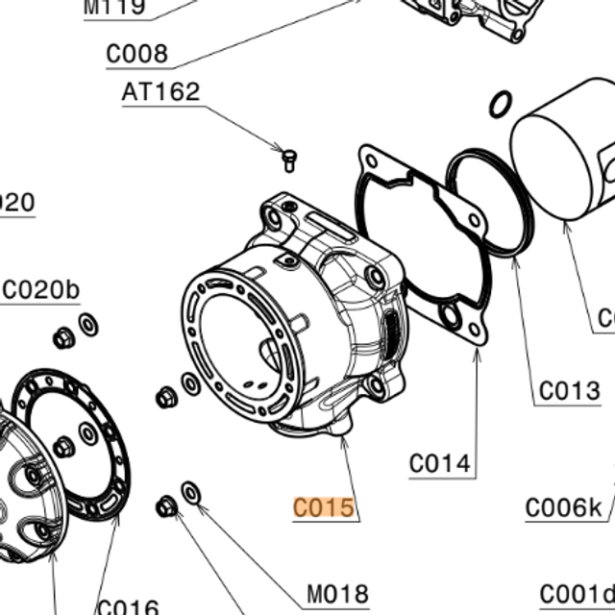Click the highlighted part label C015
pyautogui.click(x=324, y=506)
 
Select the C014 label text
pyautogui.click(x=441, y=464)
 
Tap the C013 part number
pyautogui.click(x=568, y=391)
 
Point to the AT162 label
pyautogui.click(x=160, y=92)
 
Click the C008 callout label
pyautogui.click(x=136, y=54)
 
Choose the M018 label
pyautogui.click(x=335, y=595)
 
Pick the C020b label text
pyautogui.click(x=42, y=289)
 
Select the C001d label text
pyautogui.click(x=577, y=595)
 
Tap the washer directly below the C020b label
pyautogui.click(x=88, y=326)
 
